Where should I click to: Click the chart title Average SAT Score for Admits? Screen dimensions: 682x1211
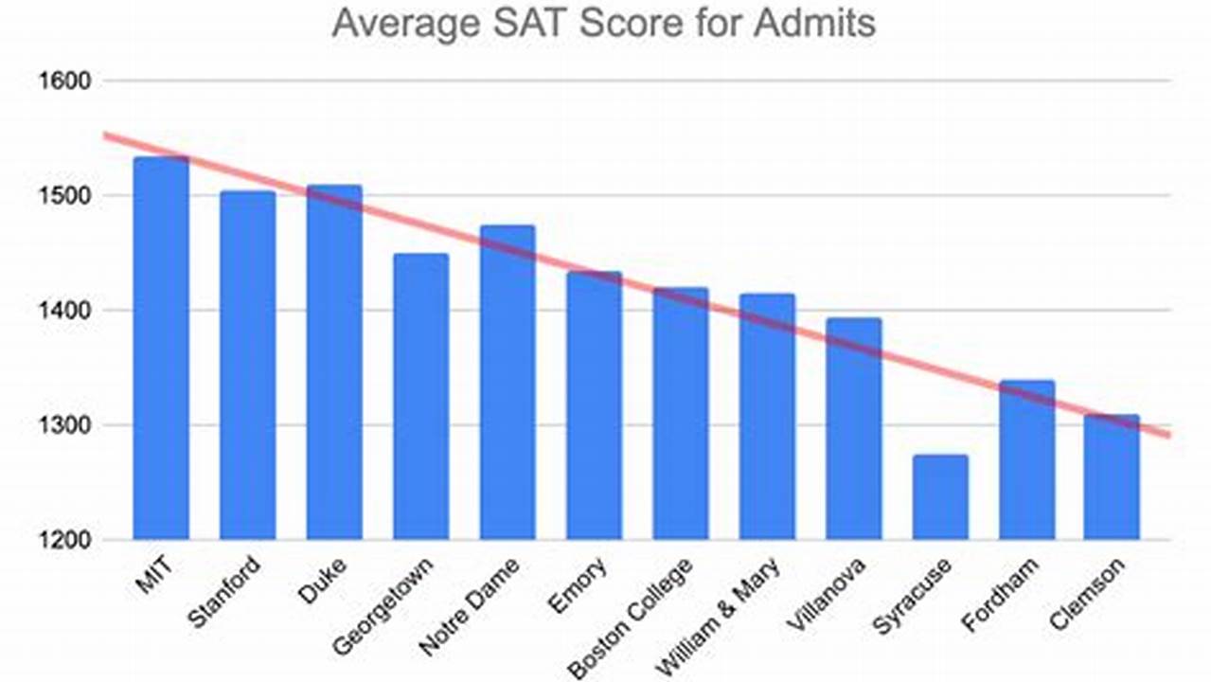coord(603,23)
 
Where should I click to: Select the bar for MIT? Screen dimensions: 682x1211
coord(160,350)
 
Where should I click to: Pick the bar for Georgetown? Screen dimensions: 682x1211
coord(420,398)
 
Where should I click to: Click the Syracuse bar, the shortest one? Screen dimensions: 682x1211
coord(940,497)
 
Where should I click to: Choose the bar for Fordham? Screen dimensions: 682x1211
coord(1026,460)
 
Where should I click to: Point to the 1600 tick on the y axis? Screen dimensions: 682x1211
coord(65,81)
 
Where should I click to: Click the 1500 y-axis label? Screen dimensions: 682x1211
coord(65,196)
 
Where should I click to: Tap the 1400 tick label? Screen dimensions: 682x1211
coord(65,311)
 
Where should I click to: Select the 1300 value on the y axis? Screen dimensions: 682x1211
coord(65,425)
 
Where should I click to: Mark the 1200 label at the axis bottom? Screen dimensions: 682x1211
coord(65,540)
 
